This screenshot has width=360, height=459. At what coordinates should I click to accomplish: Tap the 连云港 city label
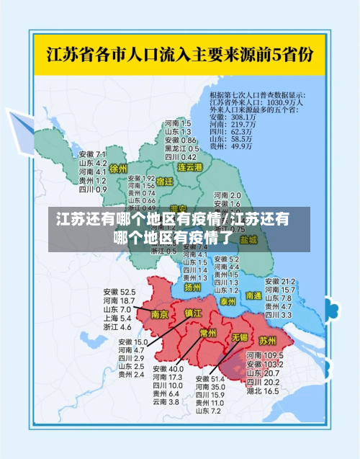coord(190,167)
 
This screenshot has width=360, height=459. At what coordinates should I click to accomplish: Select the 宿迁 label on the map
coord(165,182)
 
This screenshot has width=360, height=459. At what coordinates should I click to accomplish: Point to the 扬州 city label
coord(192,286)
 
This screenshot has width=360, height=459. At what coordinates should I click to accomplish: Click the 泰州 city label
coord(228,300)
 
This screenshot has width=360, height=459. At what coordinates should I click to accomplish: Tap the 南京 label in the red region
coord(159,315)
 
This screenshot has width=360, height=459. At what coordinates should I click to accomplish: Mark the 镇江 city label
coord(194,313)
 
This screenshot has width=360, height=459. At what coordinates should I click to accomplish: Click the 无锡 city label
coord(239,337)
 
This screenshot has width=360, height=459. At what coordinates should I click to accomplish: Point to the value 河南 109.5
coord(264,356)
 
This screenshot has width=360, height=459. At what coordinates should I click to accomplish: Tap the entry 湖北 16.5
coord(262,391)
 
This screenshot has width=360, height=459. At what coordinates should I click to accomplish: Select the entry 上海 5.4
coord(117,318)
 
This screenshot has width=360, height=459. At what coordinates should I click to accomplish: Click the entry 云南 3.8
coord(165,401)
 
